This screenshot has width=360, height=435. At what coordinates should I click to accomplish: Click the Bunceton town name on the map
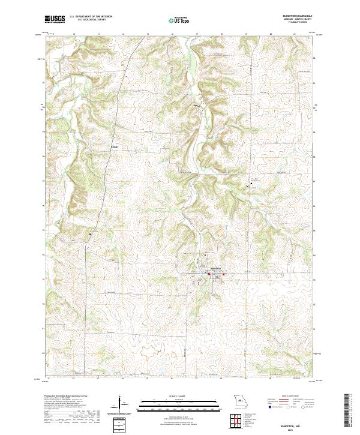215,268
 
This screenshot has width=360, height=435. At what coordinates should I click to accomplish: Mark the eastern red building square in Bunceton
223,275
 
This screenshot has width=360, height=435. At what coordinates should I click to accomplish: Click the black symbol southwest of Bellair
91,233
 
